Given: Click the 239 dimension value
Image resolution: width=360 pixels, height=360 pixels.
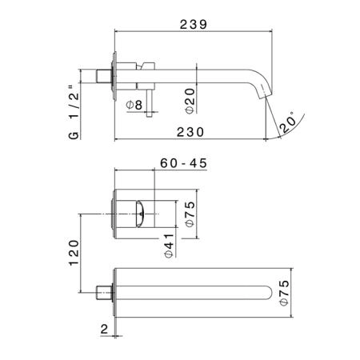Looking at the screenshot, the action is pos(194,25).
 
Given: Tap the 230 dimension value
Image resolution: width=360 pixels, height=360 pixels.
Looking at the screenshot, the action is pos(190,132).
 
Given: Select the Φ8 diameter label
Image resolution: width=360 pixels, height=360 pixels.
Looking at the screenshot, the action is pos(134,105).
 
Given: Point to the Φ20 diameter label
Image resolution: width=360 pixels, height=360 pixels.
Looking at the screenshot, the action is pos(190,102).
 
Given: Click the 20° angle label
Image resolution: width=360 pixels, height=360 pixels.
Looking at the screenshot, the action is pos(288,122).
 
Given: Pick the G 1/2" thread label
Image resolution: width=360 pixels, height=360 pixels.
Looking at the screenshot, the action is pos(74,112).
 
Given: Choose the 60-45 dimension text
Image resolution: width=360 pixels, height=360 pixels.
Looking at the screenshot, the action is pos(184,163).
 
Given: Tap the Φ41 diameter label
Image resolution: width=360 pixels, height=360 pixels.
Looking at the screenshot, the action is pos(169,246).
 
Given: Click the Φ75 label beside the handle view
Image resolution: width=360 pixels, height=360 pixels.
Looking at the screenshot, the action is pos(190,214).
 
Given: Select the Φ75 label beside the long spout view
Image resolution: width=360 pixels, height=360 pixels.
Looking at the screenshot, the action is pos(285,293).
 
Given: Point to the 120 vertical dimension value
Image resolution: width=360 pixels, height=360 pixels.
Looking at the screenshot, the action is pos(74,253).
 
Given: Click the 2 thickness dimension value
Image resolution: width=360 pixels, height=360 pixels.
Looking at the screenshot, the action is pos(104,329).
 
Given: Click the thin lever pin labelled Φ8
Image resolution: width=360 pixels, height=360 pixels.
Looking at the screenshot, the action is pos(149,103).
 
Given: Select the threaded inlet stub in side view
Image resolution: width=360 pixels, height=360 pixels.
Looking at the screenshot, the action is pos(104,76).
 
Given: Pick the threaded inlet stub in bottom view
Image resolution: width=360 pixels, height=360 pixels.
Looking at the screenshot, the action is pos(104,293).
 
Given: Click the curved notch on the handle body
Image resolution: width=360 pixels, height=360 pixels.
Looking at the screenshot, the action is pos(140,214).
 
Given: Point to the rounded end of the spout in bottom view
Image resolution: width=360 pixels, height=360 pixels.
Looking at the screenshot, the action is pos(267,293).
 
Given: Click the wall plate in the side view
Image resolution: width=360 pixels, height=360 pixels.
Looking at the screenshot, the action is pos(115,76).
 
